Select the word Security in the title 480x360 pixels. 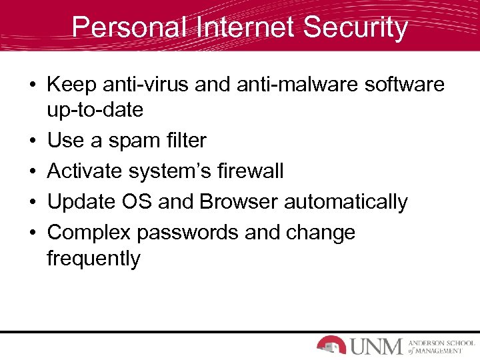coord(355,28)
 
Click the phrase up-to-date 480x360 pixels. coord(95,110)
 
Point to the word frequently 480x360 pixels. coord(93,259)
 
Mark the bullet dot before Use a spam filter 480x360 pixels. coord(33,141)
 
